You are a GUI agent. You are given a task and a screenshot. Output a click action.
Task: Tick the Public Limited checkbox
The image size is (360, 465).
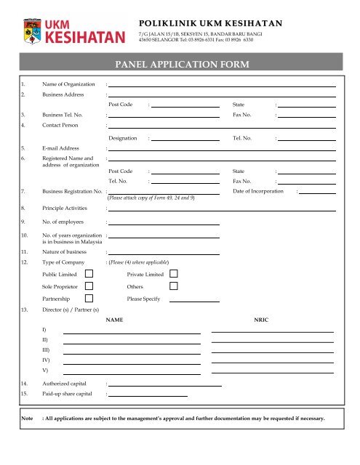click(89, 274)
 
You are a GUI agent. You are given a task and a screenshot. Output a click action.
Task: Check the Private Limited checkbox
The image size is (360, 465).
click(174, 274)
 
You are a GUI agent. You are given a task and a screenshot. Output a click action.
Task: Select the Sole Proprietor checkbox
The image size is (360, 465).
click(89, 286)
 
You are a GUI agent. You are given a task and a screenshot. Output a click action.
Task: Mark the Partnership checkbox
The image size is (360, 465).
click(89, 299)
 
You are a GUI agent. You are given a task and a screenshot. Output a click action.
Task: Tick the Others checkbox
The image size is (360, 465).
click(174, 286)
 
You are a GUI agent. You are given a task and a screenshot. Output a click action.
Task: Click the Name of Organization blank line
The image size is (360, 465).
click(223, 85)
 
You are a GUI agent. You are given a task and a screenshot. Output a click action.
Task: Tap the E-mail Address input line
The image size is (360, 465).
click(223, 149)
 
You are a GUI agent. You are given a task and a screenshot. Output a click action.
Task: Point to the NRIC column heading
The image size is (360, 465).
click(261, 320)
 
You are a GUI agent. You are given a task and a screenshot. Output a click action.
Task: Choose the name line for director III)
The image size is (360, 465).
click(132, 353)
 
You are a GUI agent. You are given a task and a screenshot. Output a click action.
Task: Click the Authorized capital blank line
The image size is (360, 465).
click(165, 384)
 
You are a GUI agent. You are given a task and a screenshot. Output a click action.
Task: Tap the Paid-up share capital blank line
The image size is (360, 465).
click(148, 395)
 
